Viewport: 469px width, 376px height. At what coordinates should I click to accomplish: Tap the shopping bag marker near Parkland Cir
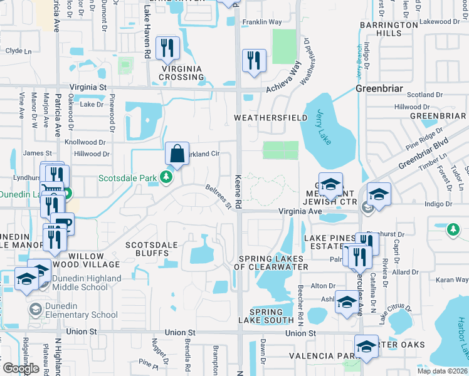pyautogui.click(x=177, y=153)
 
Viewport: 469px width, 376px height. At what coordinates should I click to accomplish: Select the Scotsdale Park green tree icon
pyautogui.click(x=166, y=177)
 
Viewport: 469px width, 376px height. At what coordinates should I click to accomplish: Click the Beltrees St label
pyautogui.click(x=219, y=196)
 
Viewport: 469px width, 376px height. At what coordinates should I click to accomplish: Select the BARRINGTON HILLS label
pyautogui.click(x=389, y=29)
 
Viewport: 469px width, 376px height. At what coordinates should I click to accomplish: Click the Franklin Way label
pyautogui.click(x=262, y=22)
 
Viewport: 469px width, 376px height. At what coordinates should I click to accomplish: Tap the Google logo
pyautogui.click(x=20, y=368)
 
